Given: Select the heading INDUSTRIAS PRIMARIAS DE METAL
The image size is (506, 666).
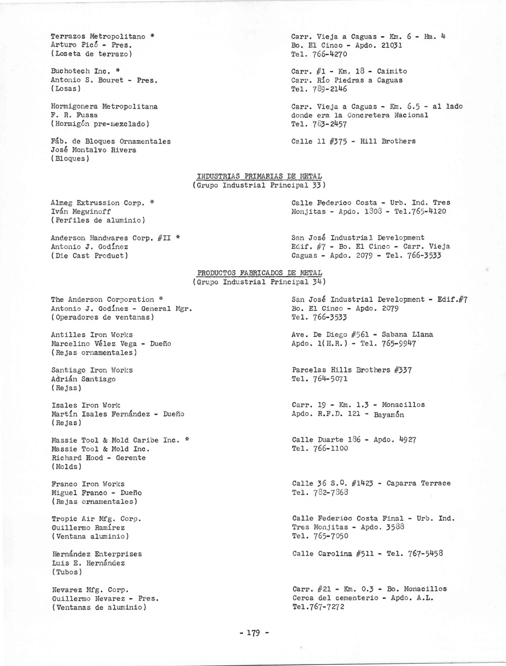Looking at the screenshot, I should [259, 176].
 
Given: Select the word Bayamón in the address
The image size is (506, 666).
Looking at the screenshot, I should [389, 415].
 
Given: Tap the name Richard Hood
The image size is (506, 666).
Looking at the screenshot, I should [77, 458].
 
